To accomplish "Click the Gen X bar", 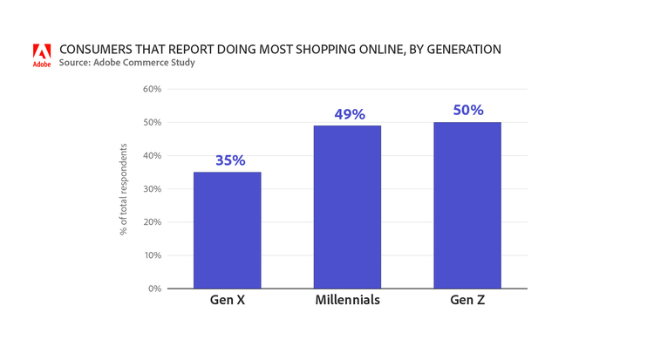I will click(227, 230).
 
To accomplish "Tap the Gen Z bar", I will click(467, 205).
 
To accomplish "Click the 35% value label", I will click(230, 160).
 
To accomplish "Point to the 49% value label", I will click(350, 114).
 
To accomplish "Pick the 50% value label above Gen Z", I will click(468, 111).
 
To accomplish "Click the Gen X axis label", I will click(227, 302).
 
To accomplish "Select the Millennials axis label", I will click(347, 302).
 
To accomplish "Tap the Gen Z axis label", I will click(467, 302).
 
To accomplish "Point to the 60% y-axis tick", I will click(152, 89).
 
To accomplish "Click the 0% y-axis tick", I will click(154, 289).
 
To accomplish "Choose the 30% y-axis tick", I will click(152, 188).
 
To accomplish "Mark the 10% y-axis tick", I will click(152, 255).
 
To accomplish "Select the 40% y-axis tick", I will click(152, 155).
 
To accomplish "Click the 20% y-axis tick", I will click(152, 221).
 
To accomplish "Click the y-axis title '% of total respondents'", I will click(125, 189).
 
